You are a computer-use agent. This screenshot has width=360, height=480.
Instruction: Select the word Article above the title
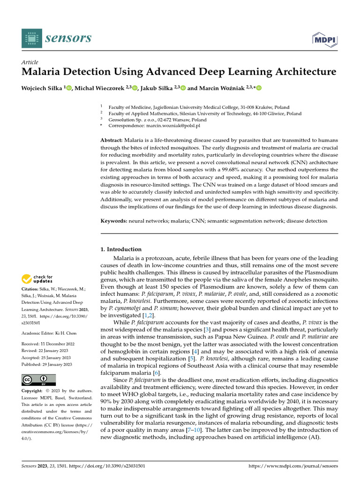[30, 62]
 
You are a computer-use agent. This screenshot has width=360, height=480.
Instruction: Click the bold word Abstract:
[112, 141]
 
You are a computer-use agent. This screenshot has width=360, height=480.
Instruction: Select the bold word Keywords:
[114, 220]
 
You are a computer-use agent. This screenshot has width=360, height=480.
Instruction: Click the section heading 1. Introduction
[121, 249]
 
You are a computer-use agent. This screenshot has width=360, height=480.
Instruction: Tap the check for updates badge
[37, 279]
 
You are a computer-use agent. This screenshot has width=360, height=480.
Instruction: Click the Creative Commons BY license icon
[38, 380]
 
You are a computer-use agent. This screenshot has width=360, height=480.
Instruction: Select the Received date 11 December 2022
[57, 344]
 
